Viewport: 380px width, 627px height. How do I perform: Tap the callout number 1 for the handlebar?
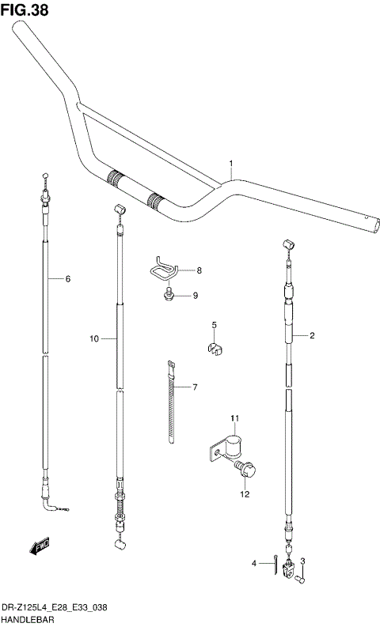pyautogui.click(x=230, y=164)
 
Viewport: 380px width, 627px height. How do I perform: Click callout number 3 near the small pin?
pyautogui.click(x=254, y=563)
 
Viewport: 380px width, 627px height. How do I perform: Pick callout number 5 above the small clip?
pyautogui.click(x=68, y=279)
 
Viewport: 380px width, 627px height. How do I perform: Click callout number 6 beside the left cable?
pyautogui.click(x=194, y=387)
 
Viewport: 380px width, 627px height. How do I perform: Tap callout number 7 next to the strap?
pyautogui.click(x=199, y=270)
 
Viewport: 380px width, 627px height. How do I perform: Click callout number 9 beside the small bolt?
pyautogui.click(x=93, y=338)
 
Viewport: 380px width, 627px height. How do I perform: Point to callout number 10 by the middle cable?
pyautogui.click(x=234, y=418)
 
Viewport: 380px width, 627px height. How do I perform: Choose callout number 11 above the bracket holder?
pyautogui.click(x=245, y=494)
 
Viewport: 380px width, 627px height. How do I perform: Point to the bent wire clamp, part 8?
pyautogui.click(x=164, y=269)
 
